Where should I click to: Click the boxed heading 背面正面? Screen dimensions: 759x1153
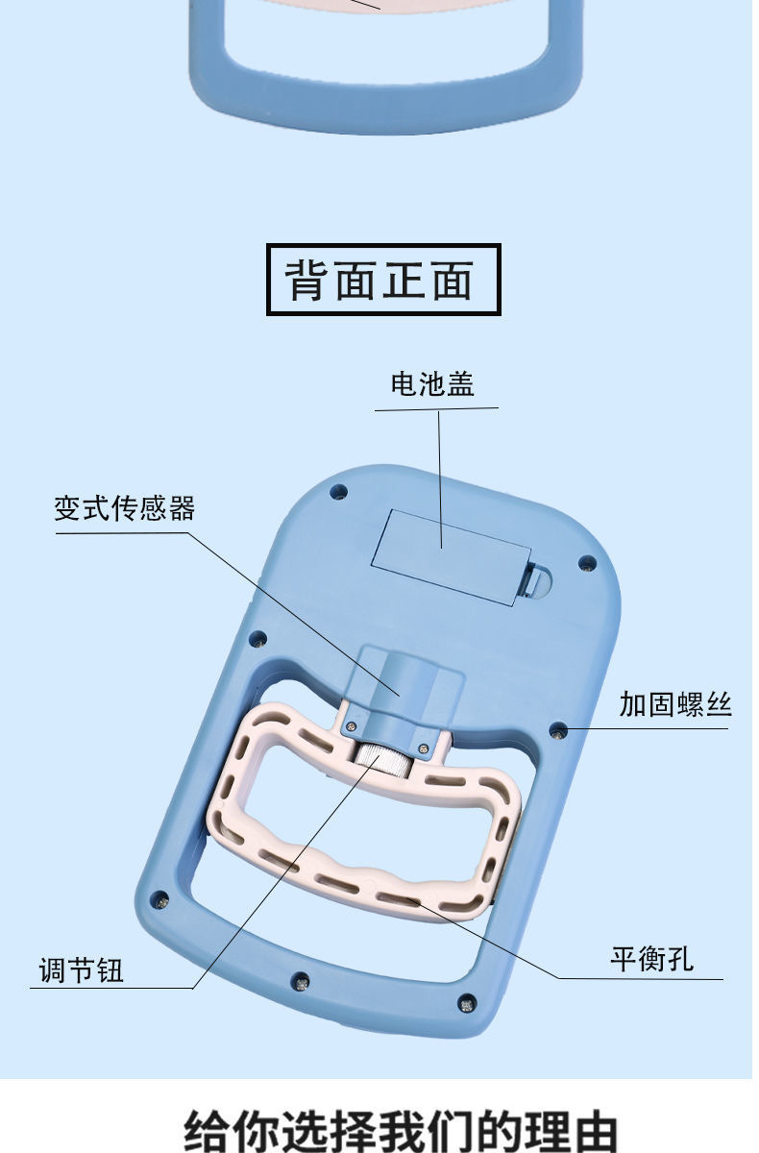coord(382,281)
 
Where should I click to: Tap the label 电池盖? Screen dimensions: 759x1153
coord(432,384)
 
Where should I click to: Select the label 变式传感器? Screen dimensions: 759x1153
coord(124,508)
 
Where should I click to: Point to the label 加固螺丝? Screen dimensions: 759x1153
coord(674,705)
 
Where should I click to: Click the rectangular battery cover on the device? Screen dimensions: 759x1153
coord(450,555)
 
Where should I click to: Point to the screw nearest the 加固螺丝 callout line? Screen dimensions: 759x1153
coord(557,732)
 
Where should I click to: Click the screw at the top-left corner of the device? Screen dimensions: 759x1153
coord(337,492)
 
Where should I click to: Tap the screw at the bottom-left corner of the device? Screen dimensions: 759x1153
coord(160,900)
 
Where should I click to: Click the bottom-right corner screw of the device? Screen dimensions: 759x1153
coord(467,1002)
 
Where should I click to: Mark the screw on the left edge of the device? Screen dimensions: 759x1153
coord(257,637)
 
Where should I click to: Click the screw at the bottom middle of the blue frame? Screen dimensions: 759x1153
coord(301,982)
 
